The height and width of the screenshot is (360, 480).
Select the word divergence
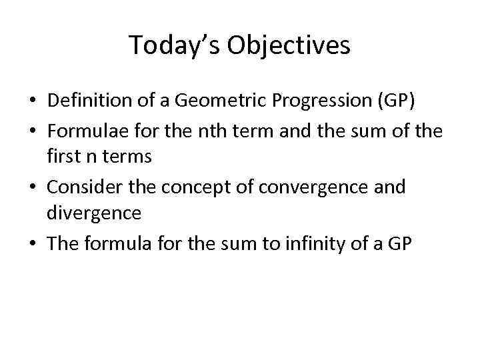click(94, 213)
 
